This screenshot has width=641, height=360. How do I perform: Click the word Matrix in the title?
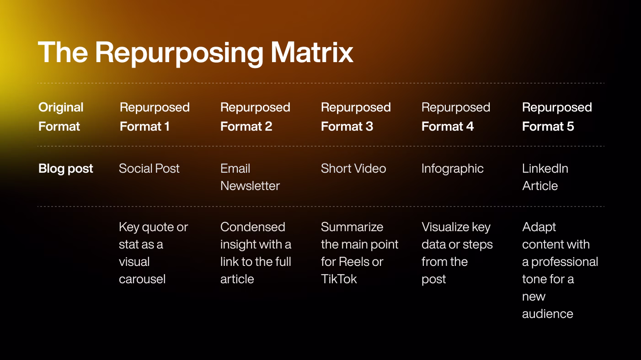(x=312, y=52)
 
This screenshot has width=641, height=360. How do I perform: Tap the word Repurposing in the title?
(x=179, y=54)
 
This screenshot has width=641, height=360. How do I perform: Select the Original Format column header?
(x=61, y=116)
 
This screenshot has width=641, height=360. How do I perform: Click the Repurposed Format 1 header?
(x=155, y=116)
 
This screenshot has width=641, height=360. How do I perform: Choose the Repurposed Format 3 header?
(x=356, y=116)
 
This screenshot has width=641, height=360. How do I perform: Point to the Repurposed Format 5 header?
(x=557, y=116)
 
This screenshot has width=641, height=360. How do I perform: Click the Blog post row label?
(x=65, y=169)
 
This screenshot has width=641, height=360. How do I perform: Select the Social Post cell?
(x=149, y=169)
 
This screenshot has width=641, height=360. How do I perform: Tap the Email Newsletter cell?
(x=250, y=177)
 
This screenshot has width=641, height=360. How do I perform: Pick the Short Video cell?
(x=353, y=169)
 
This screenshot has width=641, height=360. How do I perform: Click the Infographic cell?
(x=453, y=169)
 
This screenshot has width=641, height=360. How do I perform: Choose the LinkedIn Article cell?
(x=545, y=177)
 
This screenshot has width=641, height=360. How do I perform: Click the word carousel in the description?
(x=142, y=279)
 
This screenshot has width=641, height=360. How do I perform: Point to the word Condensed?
(x=253, y=227)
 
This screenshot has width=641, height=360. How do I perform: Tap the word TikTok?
(x=339, y=279)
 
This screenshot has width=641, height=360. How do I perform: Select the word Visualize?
(x=445, y=227)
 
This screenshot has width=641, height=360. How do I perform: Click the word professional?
(x=565, y=262)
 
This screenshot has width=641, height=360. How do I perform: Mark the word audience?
(x=547, y=314)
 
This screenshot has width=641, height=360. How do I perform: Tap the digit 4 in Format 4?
(x=470, y=127)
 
